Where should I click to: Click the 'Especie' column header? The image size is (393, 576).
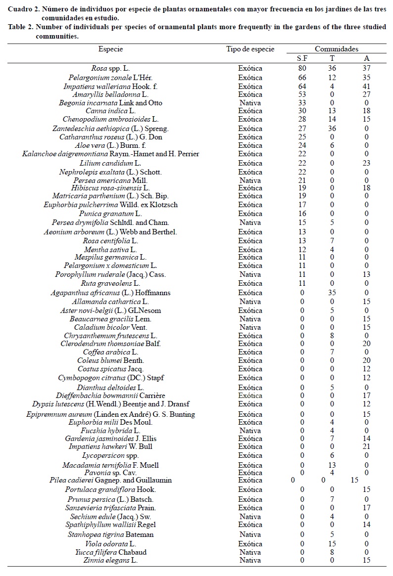(x=110, y=49)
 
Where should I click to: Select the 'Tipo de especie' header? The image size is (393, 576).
(x=250, y=49)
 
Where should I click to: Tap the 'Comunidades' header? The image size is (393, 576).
(x=337, y=49)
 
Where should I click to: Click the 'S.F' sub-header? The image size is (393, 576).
(x=302, y=59)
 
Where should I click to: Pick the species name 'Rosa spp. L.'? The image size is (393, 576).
(x=110, y=68)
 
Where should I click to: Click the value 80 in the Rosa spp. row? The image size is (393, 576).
(x=302, y=68)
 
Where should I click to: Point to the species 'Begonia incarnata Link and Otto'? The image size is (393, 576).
(x=110, y=103)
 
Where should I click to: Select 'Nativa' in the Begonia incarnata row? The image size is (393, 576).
(x=250, y=103)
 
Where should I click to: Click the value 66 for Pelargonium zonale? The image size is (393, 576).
(x=302, y=78)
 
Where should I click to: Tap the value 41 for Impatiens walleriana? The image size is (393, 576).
(x=367, y=87)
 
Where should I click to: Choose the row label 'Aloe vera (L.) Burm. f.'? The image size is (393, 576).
(x=110, y=145)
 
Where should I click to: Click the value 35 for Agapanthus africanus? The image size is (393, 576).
(x=332, y=293)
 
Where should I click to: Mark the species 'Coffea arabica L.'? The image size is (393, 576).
(x=110, y=352)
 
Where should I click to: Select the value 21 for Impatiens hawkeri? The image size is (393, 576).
(x=367, y=446)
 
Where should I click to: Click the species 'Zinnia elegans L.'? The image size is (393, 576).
(x=110, y=560)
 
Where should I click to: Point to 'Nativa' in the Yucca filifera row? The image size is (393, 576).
(x=250, y=552)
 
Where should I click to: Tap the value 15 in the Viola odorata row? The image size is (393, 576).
(x=332, y=544)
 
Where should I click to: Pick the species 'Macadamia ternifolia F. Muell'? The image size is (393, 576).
(x=110, y=465)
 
